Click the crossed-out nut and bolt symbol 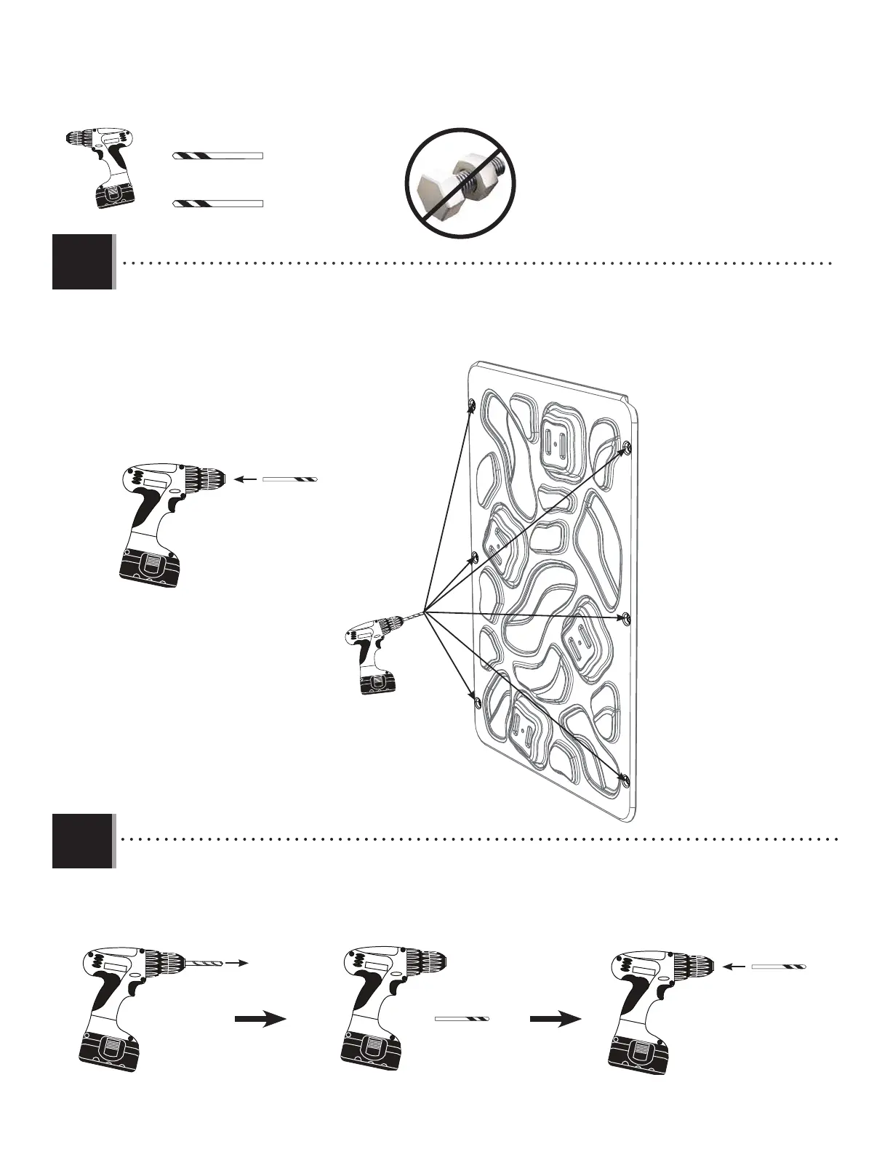coord(460,183)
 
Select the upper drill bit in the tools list coord(217,156)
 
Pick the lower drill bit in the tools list coord(217,203)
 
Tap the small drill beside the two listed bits coord(101,167)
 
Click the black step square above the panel coord(83,262)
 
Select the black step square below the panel coord(83,841)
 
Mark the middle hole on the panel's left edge coord(473,557)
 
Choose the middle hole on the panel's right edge coord(626,618)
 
